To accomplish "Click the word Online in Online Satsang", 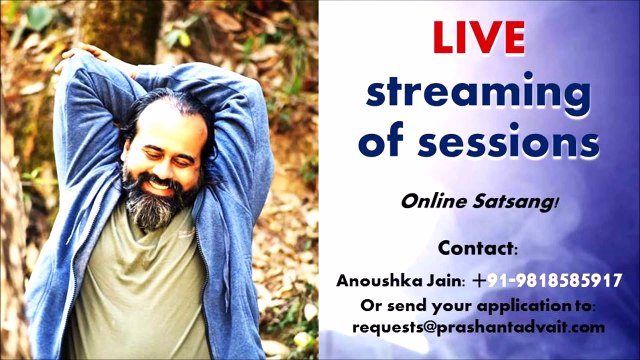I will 430,201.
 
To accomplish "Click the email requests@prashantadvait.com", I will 478,326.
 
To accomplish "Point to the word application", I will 528,305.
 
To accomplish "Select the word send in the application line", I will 408,304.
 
